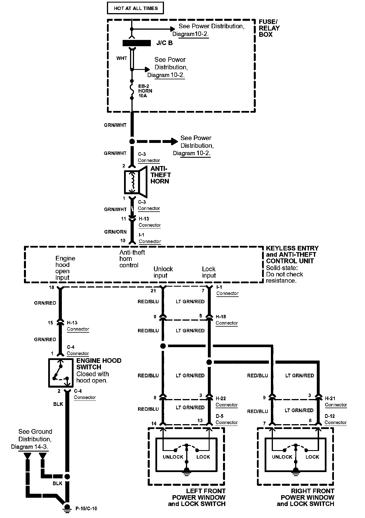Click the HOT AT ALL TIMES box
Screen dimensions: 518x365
(135, 8)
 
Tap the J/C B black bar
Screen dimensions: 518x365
(137, 43)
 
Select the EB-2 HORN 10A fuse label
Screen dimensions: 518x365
(145, 91)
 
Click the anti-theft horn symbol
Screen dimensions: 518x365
(135, 181)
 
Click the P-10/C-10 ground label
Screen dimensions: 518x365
(86, 508)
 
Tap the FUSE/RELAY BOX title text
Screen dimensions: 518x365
(269, 28)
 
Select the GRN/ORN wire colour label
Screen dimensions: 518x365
(115, 232)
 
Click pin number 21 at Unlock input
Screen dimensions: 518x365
(153, 290)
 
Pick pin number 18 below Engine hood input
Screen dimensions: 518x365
(51, 287)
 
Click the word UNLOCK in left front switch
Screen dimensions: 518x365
(173, 457)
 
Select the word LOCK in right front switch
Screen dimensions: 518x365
(312, 457)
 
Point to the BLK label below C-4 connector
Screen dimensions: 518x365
(58, 404)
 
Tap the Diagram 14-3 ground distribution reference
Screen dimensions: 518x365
(30, 447)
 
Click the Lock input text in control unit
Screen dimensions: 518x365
(209, 272)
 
